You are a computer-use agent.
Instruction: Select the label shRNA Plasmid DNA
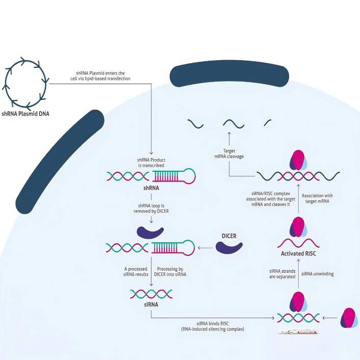pyautogui.click(x=27, y=115)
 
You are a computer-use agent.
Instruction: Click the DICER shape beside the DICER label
pyautogui.click(x=229, y=248)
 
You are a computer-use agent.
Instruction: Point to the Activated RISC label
pyautogui.click(x=299, y=253)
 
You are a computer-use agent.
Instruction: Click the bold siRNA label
pyautogui.click(x=151, y=304)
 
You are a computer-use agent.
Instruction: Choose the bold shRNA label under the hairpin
pyautogui.click(x=151, y=188)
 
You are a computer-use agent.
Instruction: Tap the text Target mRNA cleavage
pyautogui.click(x=228, y=153)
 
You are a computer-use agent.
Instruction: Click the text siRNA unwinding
pyautogui.click(x=318, y=274)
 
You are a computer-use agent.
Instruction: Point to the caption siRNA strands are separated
pyautogui.click(x=282, y=274)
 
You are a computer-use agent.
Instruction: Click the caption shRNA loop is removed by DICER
pyautogui.click(x=151, y=209)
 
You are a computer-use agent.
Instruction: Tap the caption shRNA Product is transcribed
pyautogui.click(x=151, y=163)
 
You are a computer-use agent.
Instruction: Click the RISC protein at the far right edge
pyautogui.click(x=349, y=317)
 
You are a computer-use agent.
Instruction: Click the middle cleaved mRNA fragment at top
pyautogui.click(x=235, y=123)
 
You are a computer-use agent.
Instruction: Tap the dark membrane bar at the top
pyautogui.click(x=229, y=76)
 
